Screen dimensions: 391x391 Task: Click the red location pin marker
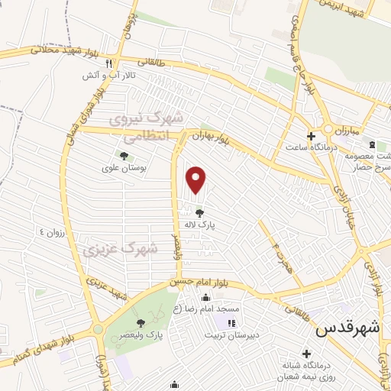click(197, 180)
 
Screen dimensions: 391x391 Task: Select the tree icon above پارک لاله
click(200, 213)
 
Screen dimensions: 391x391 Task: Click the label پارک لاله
click(200, 225)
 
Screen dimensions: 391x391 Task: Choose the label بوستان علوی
click(124, 168)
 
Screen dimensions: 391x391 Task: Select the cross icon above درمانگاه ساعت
click(310, 136)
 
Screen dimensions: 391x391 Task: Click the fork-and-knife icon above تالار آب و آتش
click(109, 64)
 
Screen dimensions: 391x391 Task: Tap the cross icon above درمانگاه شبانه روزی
click(306, 354)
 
